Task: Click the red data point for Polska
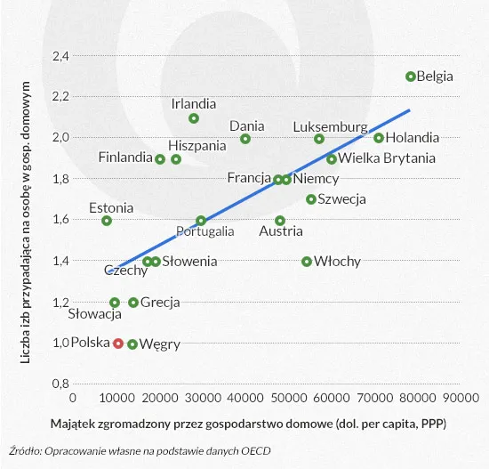pos(118,344)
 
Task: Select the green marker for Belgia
pos(411,77)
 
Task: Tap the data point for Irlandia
pos(194,118)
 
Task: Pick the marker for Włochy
pos(307,262)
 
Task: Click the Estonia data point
pos(107,221)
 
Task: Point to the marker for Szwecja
pos(311,199)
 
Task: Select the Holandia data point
pos(379,138)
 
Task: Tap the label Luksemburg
pos(330,126)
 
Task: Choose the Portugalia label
pos(205,232)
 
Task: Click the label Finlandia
pos(124,158)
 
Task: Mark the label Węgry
pos(160,344)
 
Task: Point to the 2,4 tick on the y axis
pos(60,56)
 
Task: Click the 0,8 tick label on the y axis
pos(60,384)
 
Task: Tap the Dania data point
pos(245,139)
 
